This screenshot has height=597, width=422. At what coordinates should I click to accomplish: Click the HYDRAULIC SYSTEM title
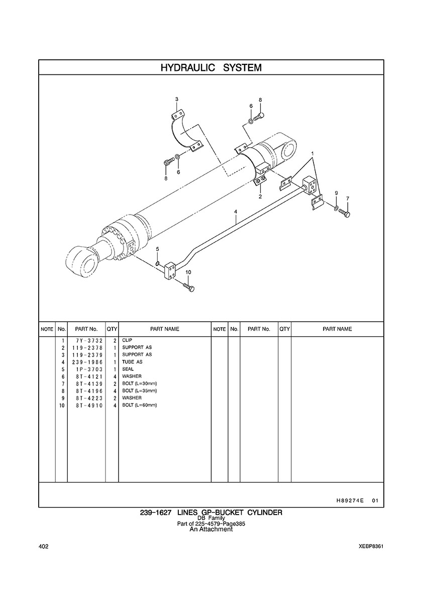(211, 68)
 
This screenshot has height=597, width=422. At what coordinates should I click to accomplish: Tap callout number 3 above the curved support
(176, 99)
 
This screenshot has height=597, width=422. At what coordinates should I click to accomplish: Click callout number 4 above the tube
(236, 211)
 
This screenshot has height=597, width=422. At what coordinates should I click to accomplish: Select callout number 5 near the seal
(158, 249)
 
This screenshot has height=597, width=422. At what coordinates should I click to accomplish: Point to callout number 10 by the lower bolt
(188, 272)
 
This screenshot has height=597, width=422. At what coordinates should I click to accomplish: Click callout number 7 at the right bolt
(348, 198)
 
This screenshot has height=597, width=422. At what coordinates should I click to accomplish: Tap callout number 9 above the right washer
(337, 193)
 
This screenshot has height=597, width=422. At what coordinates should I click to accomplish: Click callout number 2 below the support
(260, 196)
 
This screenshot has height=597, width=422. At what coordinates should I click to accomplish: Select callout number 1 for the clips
(312, 153)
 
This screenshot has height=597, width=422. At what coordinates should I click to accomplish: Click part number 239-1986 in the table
(87, 362)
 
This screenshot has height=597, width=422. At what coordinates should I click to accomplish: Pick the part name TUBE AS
(133, 362)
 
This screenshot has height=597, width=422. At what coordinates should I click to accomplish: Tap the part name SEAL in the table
(128, 369)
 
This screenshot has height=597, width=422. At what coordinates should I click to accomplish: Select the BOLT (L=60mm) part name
(140, 405)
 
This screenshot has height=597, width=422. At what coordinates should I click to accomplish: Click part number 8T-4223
(89, 398)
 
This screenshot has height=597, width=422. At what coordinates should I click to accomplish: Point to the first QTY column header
(112, 329)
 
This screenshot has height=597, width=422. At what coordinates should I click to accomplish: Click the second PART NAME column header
(337, 329)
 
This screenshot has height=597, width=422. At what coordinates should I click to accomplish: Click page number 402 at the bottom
(43, 546)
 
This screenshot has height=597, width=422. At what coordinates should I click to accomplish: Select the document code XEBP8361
(371, 546)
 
